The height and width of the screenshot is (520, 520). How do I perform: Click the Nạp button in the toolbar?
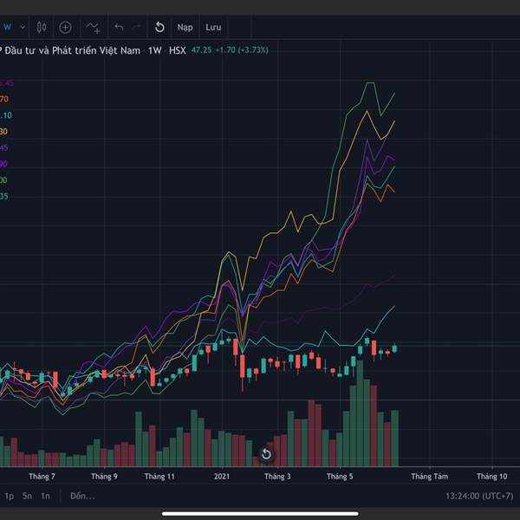(x=185, y=27)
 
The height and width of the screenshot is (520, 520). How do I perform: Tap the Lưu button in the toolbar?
(x=213, y=27)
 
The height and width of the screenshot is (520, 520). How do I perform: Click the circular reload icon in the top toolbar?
(x=159, y=27)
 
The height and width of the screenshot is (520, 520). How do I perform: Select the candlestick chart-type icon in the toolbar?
(x=42, y=27)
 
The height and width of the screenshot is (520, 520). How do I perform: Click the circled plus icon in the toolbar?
(x=65, y=27)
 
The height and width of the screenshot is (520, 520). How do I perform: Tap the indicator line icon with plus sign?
(x=93, y=27)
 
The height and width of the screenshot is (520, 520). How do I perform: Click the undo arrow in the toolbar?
(x=119, y=27)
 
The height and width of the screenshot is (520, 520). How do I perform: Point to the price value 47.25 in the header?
(x=202, y=50)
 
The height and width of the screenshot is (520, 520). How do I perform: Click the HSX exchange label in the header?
(x=178, y=50)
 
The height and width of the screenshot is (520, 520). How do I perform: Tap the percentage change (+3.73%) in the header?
(x=250, y=50)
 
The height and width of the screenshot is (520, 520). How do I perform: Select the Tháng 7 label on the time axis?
(x=42, y=476)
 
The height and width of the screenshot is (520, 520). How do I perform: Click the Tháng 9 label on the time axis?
(x=103, y=476)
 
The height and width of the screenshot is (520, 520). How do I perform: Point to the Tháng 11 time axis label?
(x=159, y=476)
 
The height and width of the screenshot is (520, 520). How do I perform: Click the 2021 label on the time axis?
(x=222, y=476)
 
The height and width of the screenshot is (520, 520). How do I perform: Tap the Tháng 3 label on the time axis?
(x=277, y=476)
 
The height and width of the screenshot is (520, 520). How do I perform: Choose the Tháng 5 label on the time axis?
(x=340, y=476)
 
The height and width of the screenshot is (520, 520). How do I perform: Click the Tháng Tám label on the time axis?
(x=429, y=476)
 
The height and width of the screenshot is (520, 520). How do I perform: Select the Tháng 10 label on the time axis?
(x=491, y=476)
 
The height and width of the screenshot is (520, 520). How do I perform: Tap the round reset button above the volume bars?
(x=266, y=454)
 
